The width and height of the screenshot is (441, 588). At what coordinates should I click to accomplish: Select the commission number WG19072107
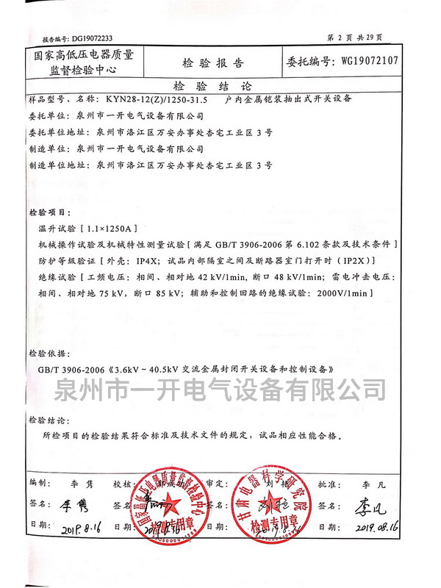coord(370,61)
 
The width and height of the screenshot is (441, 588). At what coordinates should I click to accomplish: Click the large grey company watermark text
coord(221,387)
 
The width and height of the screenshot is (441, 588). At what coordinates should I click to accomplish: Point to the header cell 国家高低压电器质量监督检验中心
coord(86,62)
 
